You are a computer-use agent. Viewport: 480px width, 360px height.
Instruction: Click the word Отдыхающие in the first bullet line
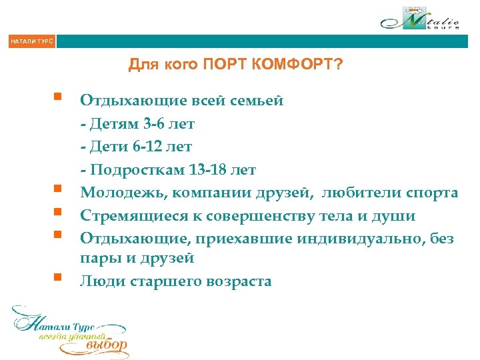pos(122,101)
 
